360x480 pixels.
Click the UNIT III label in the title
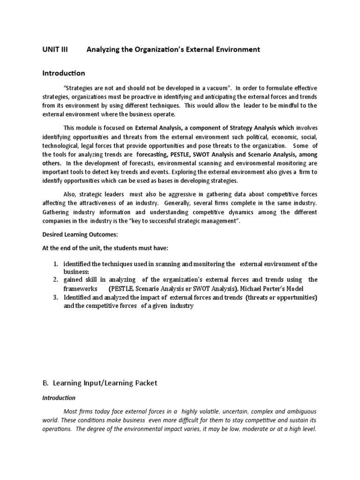(x=55, y=49)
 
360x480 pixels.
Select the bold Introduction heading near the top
(x=64, y=73)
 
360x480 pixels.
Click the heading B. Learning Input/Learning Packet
(x=100, y=383)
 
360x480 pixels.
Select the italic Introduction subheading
(x=59, y=397)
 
